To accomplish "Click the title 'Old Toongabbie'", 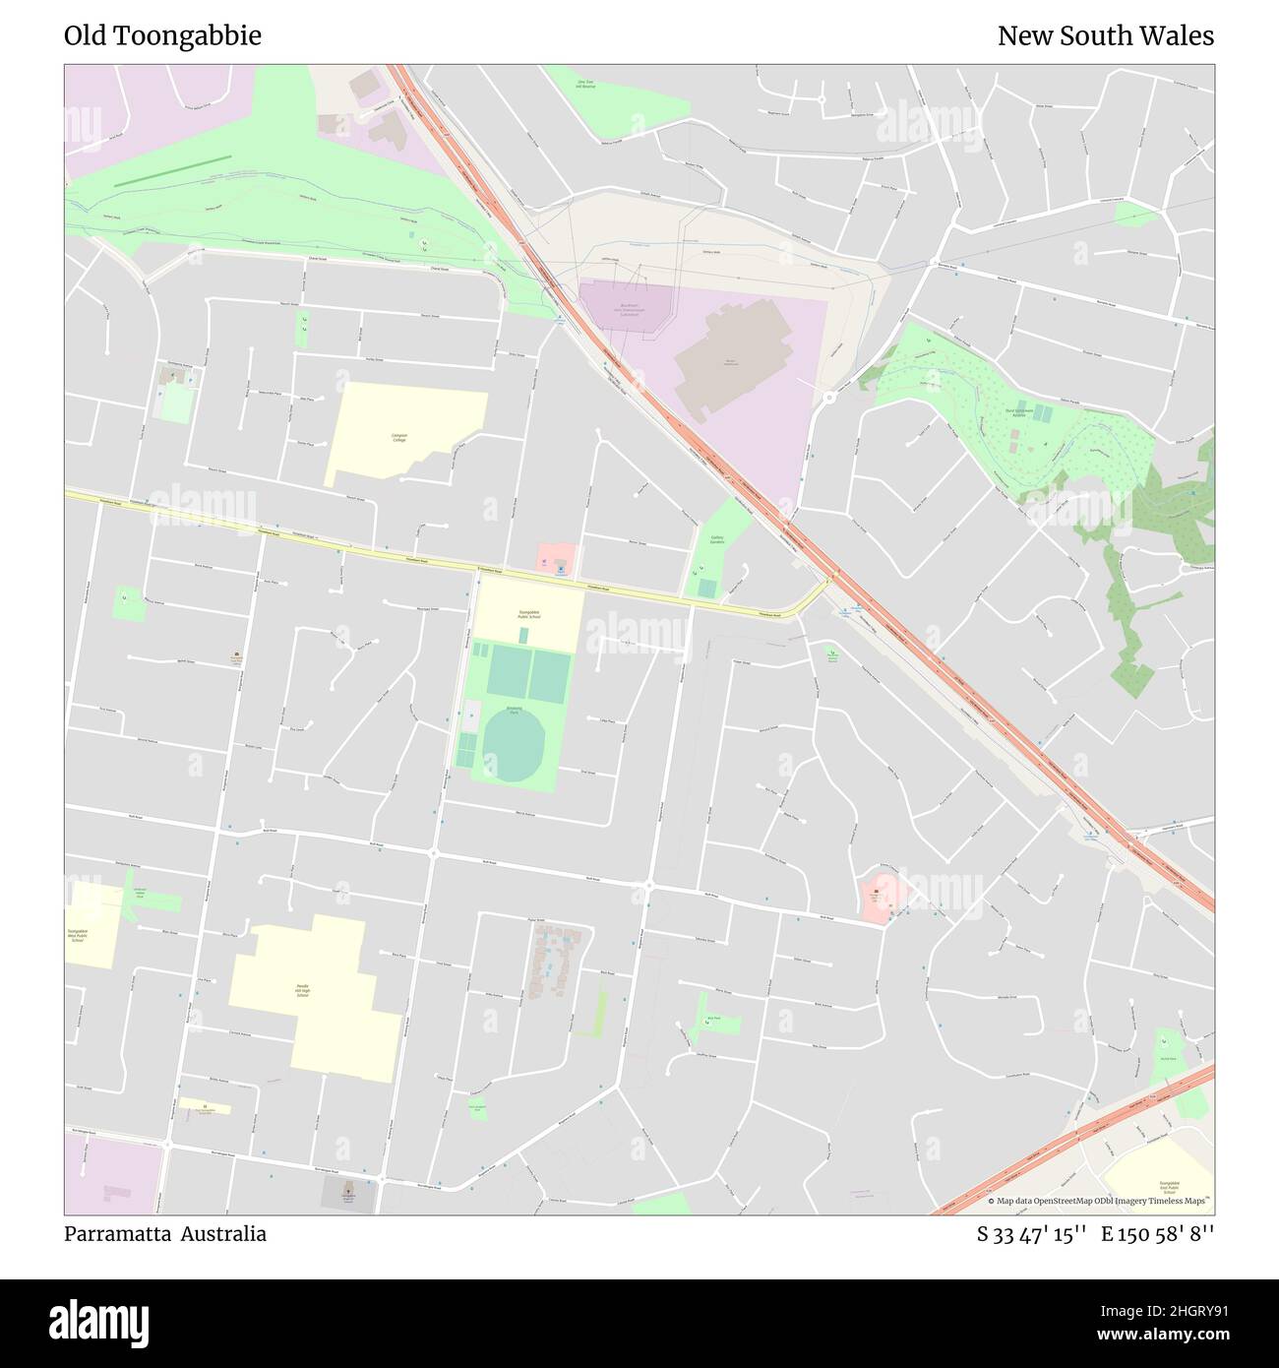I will pyautogui.click(x=162, y=36).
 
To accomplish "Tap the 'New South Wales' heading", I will pyautogui.click(x=1105, y=36).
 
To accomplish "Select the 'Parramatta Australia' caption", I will pyautogui.click(x=165, y=1233).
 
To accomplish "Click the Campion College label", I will pyautogui.click(x=398, y=437).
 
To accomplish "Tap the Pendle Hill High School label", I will pyautogui.click(x=304, y=990).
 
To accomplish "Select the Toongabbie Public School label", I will pyautogui.click(x=529, y=615).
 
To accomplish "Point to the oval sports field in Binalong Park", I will pyautogui.click(x=513, y=746).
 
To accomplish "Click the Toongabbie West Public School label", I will pyautogui.click(x=78, y=935).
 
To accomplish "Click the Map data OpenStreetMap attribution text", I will pyautogui.click(x=1101, y=1201).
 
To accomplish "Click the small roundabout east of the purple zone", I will pyautogui.click(x=829, y=398).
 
